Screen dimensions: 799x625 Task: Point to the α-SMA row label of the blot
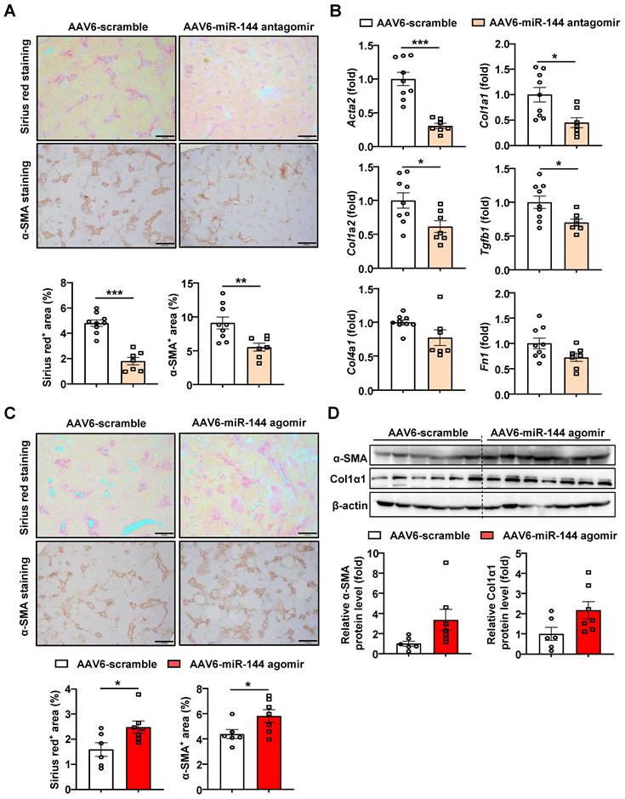point(348,457)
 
